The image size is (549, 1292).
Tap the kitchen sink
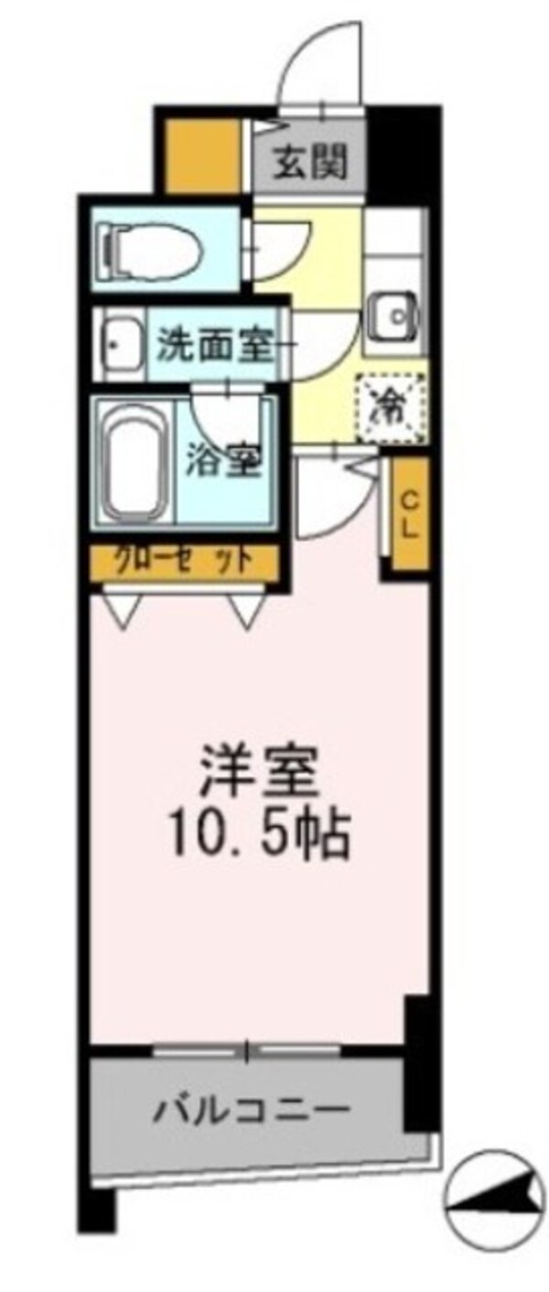(395, 317)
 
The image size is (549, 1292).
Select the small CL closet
(409, 517)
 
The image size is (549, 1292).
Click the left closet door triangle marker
(121, 607)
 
